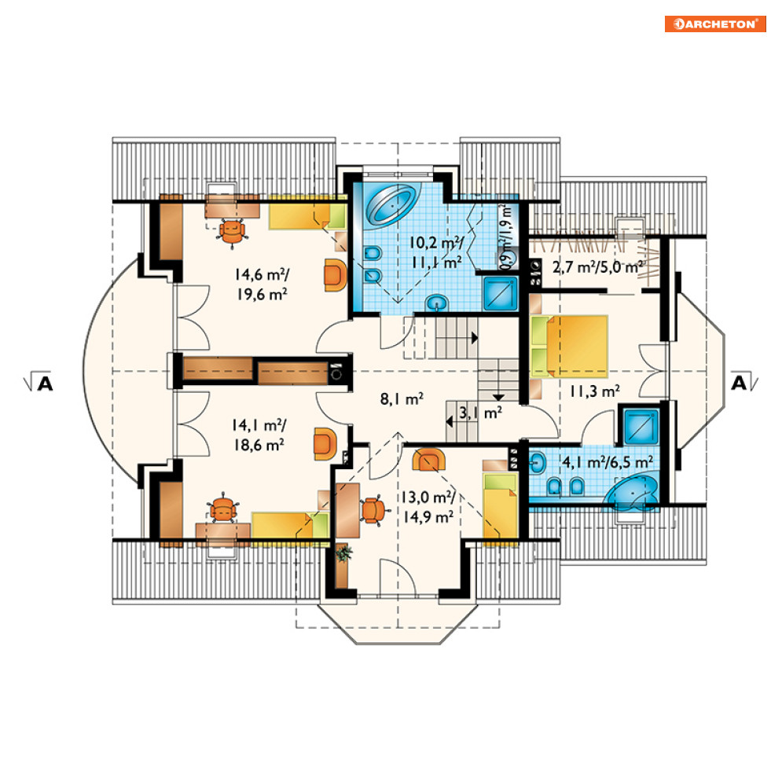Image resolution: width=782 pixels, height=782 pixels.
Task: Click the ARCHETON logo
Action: point(715,24)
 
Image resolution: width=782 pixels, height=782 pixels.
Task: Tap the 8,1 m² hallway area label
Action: point(402,398)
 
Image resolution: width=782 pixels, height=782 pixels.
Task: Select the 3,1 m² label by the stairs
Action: point(480,413)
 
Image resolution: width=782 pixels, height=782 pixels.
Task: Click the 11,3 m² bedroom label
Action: point(594,391)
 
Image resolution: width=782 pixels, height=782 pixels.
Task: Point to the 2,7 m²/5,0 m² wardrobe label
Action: point(597,267)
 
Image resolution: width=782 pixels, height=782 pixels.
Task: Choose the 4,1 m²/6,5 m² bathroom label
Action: point(608,462)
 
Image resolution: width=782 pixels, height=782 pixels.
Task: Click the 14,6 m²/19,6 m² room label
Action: point(263,285)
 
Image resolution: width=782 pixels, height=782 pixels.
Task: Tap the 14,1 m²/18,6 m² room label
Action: point(259,435)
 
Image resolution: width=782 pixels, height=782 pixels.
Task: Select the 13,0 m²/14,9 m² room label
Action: point(428,507)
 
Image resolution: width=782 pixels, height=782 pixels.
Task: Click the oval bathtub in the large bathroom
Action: point(391,205)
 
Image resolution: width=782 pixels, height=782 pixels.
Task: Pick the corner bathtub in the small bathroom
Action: point(632,494)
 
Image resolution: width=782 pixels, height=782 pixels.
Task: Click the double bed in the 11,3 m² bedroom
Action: point(569,347)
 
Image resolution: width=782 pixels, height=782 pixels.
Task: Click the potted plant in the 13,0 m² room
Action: point(343,553)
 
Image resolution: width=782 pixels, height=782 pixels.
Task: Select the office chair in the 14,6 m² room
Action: point(232,232)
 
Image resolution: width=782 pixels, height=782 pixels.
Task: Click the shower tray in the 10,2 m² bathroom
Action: point(500,294)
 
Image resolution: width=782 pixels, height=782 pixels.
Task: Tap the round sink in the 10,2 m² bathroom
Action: point(437,303)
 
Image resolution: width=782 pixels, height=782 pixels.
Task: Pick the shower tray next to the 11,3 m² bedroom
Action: point(641,427)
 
